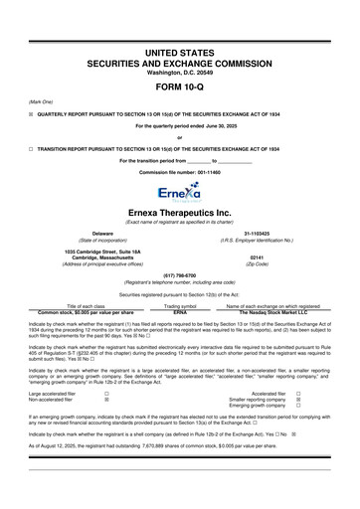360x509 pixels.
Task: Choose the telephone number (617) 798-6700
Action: tap(180, 277)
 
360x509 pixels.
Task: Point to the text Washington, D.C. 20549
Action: tap(180, 46)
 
